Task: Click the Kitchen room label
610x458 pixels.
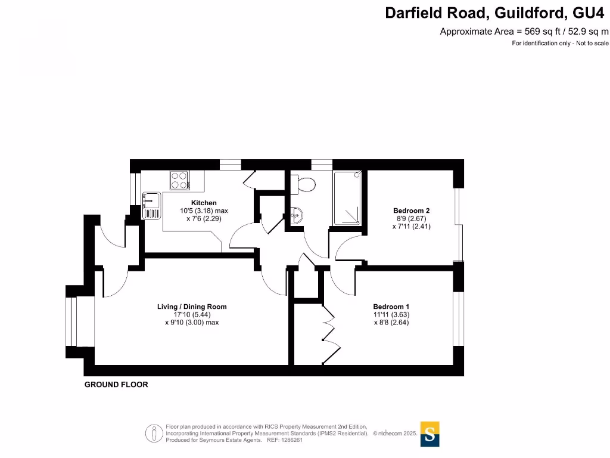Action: (x=204, y=203)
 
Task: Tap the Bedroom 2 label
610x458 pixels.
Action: (x=411, y=211)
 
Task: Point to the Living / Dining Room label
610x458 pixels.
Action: (x=192, y=307)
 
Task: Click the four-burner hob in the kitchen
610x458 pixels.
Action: (x=179, y=180)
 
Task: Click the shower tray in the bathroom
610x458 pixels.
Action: (x=347, y=198)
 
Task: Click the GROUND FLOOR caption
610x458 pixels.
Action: (x=116, y=385)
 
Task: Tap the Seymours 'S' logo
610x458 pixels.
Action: (x=430, y=434)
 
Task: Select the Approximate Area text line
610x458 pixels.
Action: (x=524, y=32)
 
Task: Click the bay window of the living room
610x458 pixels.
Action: (x=73, y=321)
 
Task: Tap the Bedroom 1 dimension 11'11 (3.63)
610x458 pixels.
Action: (x=391, y=314)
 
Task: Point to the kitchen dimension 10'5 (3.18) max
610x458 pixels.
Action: (x=204, y=211)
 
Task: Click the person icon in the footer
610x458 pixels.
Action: (x=154, y=433)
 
